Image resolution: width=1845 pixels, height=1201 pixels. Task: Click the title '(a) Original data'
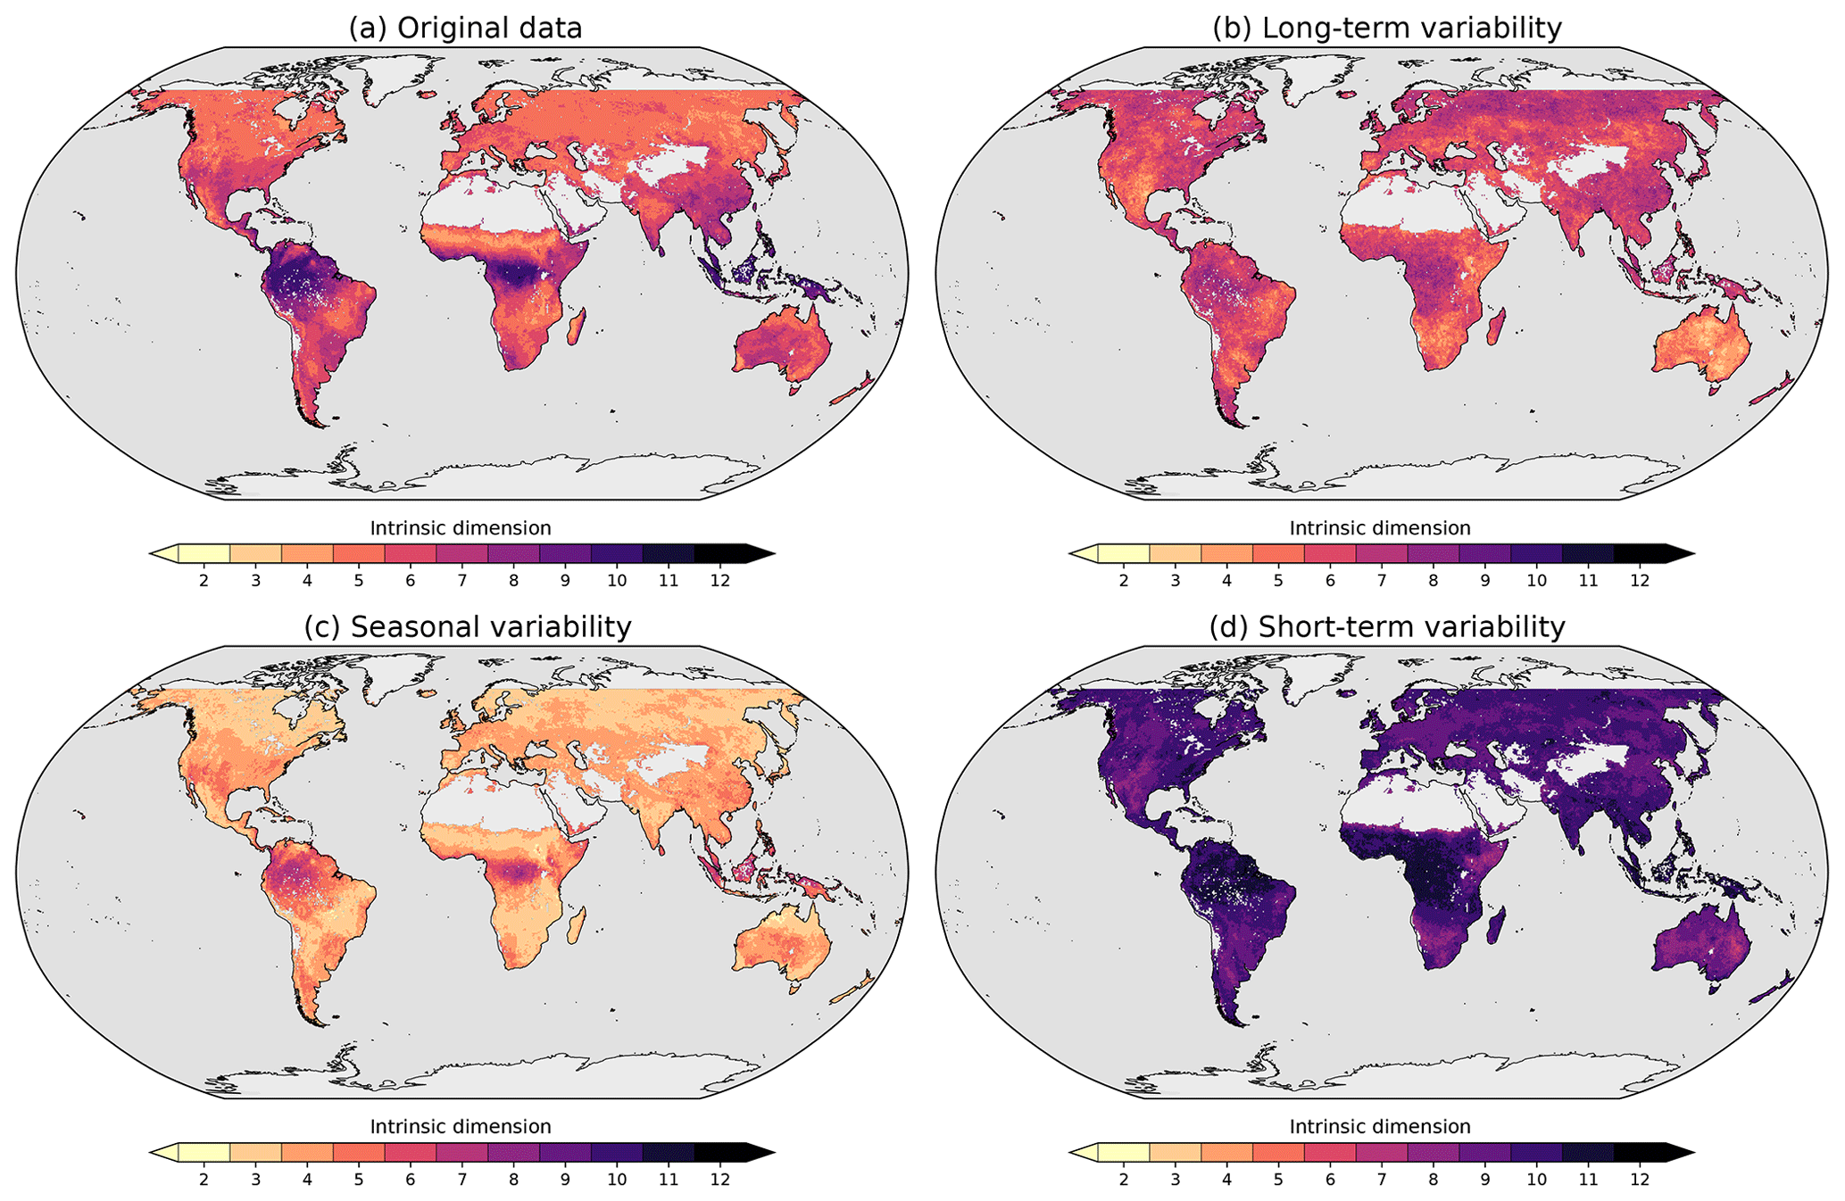click(465, 29)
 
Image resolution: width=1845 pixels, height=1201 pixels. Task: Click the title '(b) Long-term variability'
click(1386, 29)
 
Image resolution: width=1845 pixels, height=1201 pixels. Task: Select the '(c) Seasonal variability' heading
click(467, 627)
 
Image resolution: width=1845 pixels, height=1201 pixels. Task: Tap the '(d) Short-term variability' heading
click(1386, 627)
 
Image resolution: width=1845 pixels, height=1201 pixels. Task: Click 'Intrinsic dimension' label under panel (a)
click(461, 528)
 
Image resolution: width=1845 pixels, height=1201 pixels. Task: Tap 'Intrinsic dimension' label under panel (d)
click(1380, 1127)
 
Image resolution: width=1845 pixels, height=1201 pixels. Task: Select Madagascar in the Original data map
click(577, 327)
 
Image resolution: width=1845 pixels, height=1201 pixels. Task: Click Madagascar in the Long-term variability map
click(1497, 327)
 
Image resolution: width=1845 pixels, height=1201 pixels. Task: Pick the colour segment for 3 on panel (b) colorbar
click(1175, 554)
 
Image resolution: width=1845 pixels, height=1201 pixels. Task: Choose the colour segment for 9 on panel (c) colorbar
click(565, 1153)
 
